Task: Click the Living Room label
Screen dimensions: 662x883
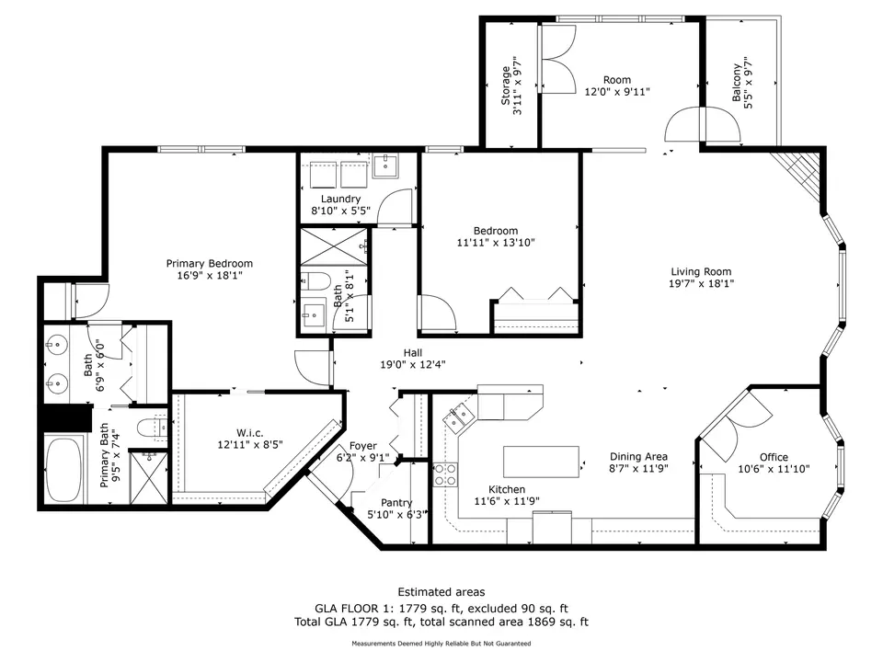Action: [x=700, y=271]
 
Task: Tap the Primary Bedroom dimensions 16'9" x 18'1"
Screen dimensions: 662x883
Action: [x=209, y=275]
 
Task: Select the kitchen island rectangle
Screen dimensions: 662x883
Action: [x=541, y=461]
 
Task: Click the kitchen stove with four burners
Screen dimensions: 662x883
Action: [x=445, y=474]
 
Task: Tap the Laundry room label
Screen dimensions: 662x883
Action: [x=340, y=199]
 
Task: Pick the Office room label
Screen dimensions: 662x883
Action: [x=773, y=457]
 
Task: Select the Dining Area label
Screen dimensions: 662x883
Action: [x=638, y=456]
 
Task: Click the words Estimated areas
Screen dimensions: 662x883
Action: [x=441, y=592]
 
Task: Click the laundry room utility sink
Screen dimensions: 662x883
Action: [x=384, y=166]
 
